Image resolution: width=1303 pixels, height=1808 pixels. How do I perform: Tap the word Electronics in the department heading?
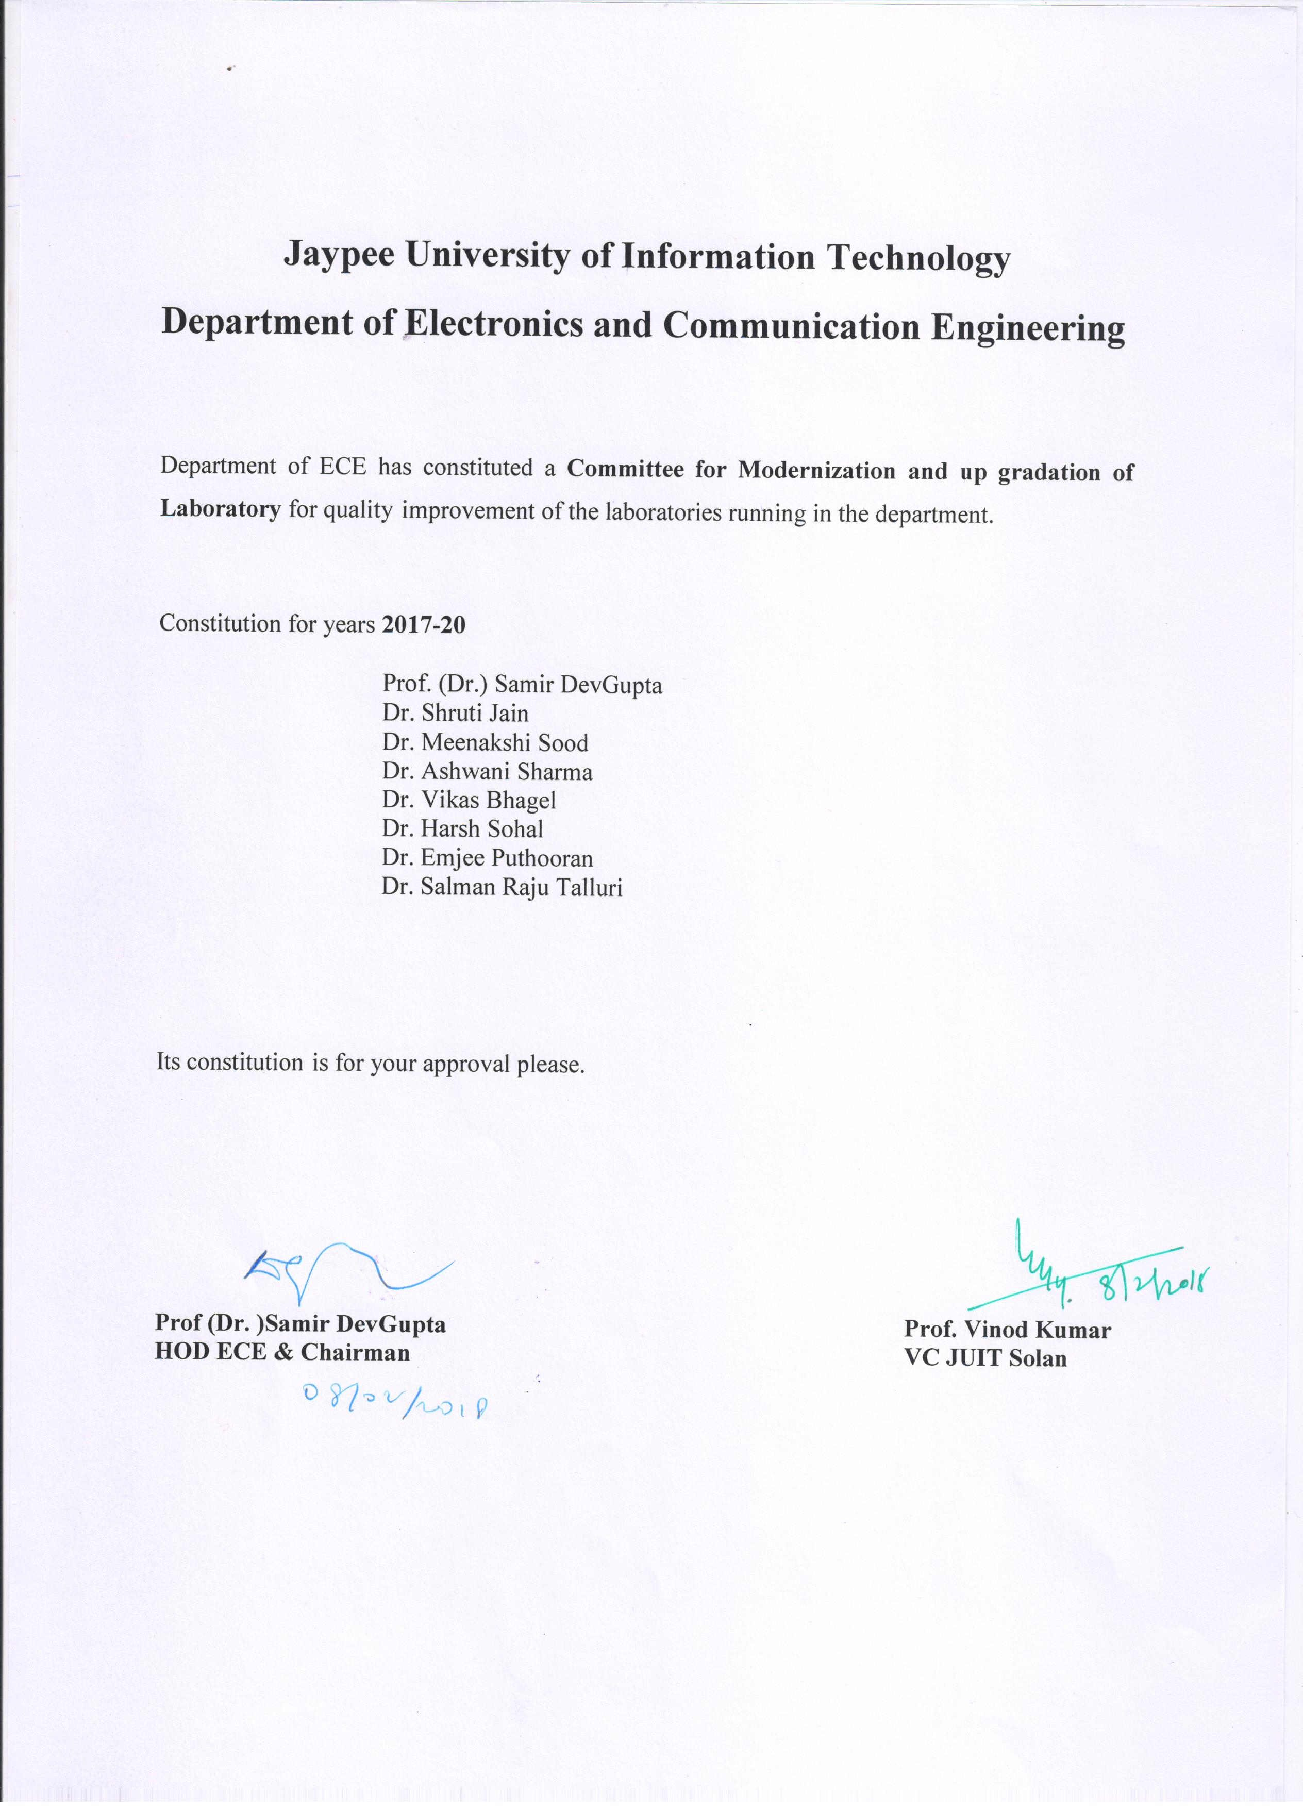(x=494, y=324)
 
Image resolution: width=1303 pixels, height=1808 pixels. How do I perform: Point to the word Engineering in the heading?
(x=1028, y=328)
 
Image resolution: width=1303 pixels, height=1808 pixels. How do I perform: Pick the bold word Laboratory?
(x=221, y=509)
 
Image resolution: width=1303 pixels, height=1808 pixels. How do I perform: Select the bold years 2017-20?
(x=423, y=624)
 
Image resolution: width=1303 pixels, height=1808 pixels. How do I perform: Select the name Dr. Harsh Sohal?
(x=462, y=829)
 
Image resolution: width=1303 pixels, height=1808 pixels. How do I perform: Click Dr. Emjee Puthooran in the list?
(x=487, y=858)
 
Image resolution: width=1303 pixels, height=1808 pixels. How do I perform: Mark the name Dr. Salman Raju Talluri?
(x=502, y=887)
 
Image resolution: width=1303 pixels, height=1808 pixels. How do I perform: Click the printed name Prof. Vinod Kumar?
(x=1007, y=1329)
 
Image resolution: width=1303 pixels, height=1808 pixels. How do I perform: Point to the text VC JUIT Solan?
(x=985, y=1357)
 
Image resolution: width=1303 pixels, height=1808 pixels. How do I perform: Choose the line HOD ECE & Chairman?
(x=282, y=1352)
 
